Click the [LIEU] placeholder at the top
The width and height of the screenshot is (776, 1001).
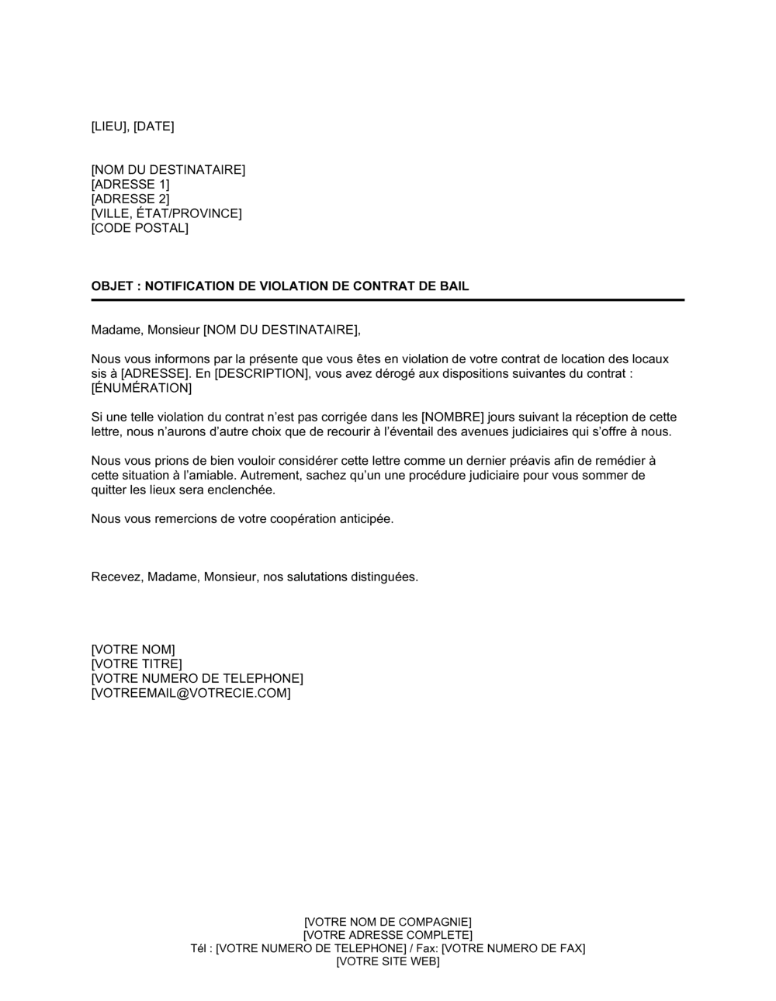tap(109, 126)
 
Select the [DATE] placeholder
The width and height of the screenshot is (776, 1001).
tap(154, 126)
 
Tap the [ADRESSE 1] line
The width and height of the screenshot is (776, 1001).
tap(130, 185)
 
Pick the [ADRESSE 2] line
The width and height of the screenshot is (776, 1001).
tap(130, 199)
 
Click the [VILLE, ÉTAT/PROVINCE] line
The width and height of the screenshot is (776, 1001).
tap(166, 213)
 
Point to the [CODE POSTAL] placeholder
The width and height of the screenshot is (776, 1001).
tap(140, 228)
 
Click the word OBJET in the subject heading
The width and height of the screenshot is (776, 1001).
tap(112, 286)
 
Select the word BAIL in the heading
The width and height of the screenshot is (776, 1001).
tap(454, 286)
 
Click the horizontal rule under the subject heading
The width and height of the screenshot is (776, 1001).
tap(388, 300)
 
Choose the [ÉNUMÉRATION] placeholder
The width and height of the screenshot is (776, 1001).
tap(141, 388)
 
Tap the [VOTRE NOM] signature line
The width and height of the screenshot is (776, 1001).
tap(133, 649)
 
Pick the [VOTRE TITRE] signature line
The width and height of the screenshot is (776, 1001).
tap(137, 664)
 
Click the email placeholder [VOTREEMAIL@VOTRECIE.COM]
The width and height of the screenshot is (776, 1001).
tap(191, 694)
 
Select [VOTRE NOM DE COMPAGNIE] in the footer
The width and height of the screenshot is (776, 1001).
tap(388, 921)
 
